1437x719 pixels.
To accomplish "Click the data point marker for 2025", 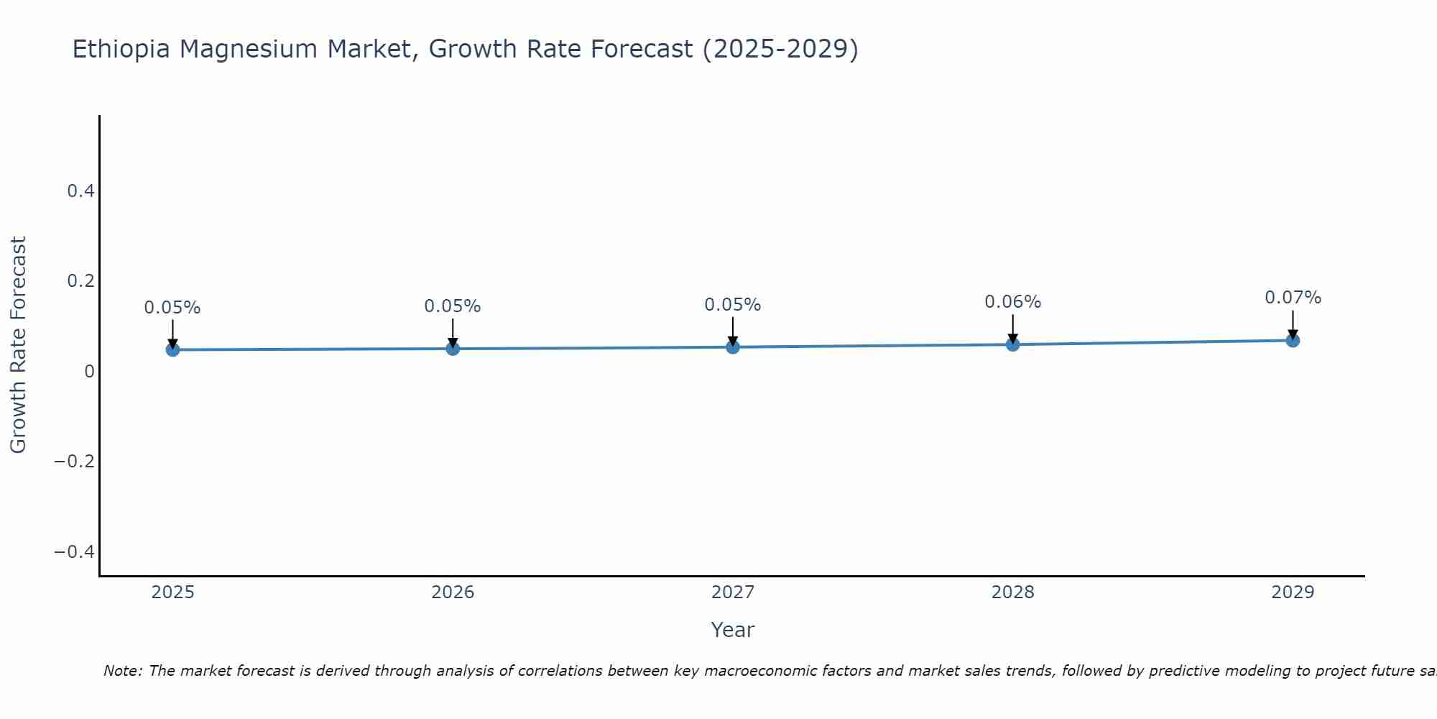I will coord(172,349).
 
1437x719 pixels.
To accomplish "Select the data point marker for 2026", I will coord(453,349).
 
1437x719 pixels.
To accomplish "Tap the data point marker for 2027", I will coord(733,347).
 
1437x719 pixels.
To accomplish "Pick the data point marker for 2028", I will coord(1012,344).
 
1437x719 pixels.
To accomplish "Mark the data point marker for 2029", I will coord(1293,340).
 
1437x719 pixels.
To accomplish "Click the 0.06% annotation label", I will coord(1012,302).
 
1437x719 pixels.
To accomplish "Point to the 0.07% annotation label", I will coord(1293,298).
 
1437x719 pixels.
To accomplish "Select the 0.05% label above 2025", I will coord(172,308).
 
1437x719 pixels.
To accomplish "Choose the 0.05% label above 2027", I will coord(733,305).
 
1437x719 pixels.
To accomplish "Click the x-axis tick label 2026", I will coord(453,592).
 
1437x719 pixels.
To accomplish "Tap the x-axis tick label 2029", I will coord(1293,592).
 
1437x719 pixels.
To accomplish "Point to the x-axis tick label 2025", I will coord(172,592).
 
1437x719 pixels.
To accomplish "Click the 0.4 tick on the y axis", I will coord(80,191).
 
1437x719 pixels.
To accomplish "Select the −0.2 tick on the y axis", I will coord(75,461).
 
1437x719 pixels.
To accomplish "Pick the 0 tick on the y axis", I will coord(89,371).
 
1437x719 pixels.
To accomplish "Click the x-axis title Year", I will coord(732,630).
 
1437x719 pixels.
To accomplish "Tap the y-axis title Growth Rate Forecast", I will coord(18,345).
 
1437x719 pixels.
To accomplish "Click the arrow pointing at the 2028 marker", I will coord(1012,329).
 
